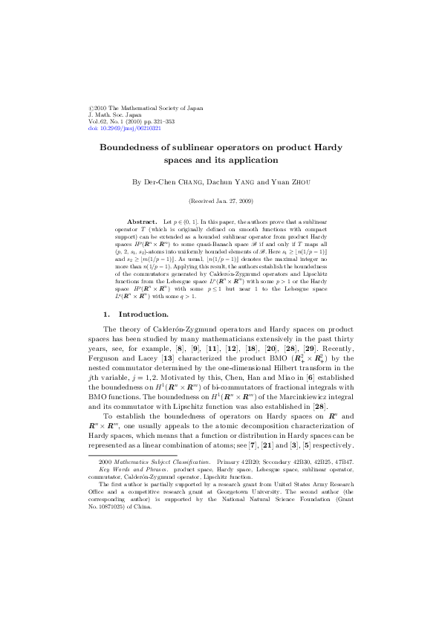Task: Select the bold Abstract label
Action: (x=143, y=222)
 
